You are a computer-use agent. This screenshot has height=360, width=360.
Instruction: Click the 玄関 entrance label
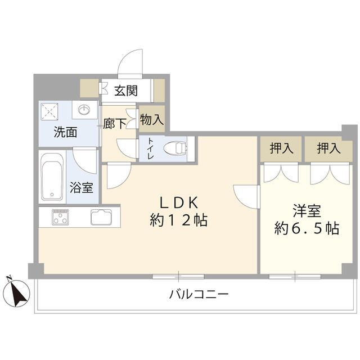coord(126,90)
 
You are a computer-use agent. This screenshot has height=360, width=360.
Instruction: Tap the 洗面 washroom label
coord(66,133)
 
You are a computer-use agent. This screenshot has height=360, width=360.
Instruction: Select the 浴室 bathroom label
coord(81,188)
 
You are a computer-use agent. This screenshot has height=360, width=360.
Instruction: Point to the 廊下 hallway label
coord(116,124)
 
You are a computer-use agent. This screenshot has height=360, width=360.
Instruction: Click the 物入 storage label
coord(151,120)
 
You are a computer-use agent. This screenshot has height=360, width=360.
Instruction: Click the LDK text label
coord(179,201)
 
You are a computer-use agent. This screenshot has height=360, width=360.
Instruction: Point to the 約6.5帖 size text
coord(306,229)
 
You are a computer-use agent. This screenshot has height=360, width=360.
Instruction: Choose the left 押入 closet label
coord(281,148)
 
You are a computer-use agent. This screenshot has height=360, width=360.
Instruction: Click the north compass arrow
coord(17,291)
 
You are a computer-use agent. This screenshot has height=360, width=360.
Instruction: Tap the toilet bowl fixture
coord(174,149)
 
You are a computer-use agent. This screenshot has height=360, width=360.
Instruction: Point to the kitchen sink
coord(102,217)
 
